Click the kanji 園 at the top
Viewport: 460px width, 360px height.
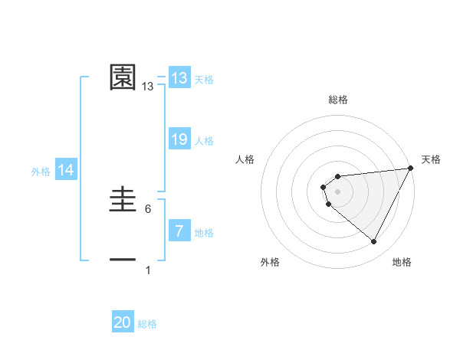(123, 77)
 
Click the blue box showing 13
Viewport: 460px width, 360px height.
(179, 78)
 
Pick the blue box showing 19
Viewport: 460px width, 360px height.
(179, 139)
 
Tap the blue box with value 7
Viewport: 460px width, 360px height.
(179, 231)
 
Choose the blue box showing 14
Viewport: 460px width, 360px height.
(66, 170)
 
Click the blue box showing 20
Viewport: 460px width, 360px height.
(123, 322)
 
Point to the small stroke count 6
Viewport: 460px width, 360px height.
(148, 209)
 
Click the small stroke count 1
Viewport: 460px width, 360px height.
(148, 270)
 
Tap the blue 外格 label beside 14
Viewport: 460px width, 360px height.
(41, 172)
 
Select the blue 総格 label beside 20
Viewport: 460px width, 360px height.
(147, 324)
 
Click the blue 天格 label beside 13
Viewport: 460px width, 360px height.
(204, 80)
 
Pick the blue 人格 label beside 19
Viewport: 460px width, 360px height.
(204, 141)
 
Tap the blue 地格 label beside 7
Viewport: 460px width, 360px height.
(204, 233)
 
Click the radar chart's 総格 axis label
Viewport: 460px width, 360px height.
(338, 100)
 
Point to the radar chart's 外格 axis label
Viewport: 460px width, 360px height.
(270, 262)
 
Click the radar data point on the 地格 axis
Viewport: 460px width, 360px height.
(374, 242)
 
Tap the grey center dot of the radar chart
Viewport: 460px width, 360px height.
(338, 191)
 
